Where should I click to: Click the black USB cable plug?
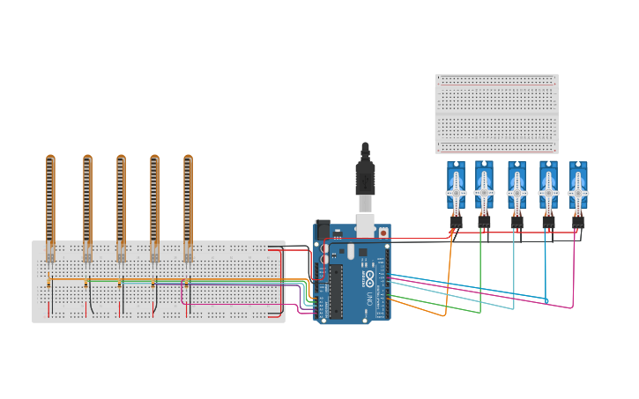pos(365,176)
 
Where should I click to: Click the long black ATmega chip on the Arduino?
pos(336,290)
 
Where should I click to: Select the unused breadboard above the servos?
pos(496,114)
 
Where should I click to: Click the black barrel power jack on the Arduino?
pos(323,231)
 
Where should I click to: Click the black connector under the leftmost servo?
pos(456,223)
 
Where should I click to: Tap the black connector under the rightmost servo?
pos(578,223)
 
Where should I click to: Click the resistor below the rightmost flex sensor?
pos(186,283)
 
